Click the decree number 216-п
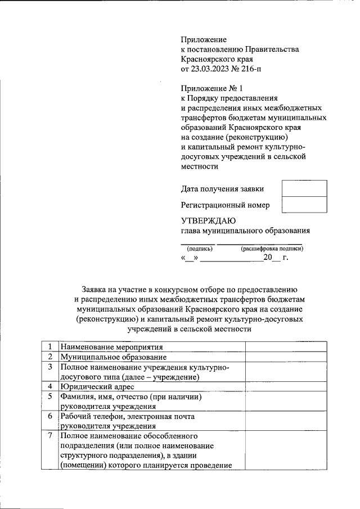click(249, 69)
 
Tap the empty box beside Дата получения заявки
click(304, 188)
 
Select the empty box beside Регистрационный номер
click(304, 205)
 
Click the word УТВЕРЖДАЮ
click(208, 220)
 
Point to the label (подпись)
click(199, 248)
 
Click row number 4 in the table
click(51, 387)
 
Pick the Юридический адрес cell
click(97, 387)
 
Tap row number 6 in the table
click(51, 417)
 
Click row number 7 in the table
click(51, 436)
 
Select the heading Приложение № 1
click(211, 88)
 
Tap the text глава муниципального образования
click(245, 231)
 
